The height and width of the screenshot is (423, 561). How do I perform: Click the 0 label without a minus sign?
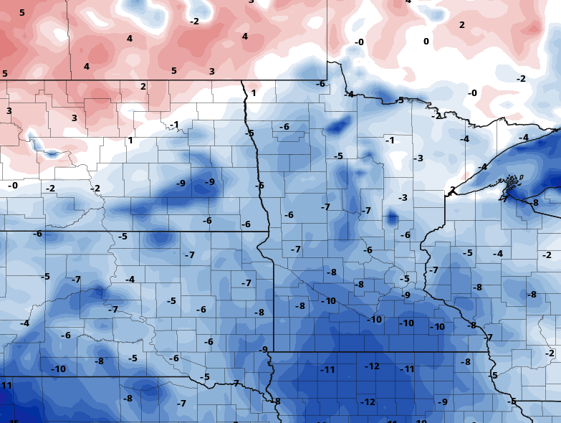pyautogui.click(x=426, y=42)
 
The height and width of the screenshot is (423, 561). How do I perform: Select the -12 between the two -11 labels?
pyautogui.click(x=372, y=366)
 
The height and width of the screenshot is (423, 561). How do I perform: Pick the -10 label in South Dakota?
pyautogui.click(x=59, y=369)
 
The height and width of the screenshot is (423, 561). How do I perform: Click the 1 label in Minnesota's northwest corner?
pyautogui.click(x=253, y=93)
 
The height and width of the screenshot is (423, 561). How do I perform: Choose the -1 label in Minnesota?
pyautogui.click(x=390, y=141)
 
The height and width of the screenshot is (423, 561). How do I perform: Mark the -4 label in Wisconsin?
pyautogui.click(x=498, y=254)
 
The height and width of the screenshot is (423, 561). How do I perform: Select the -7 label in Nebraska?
pyautogui.click(x=181, y=404)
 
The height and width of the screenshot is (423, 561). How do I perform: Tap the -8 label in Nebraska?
pyautogui.click(x=128, y=399)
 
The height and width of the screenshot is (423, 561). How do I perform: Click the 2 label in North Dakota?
pyautogui.click(x=143, y=87)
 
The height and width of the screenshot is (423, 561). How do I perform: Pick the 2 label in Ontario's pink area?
pyautogui.click(x=461, y=25)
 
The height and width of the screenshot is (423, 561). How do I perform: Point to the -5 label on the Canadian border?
pyautogui.click(x=400, y=100)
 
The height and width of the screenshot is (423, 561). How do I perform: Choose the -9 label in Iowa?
pyautogui.click(x=443, y=402)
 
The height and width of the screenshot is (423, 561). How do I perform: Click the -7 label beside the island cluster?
pyautogui.click(x=504, y=199)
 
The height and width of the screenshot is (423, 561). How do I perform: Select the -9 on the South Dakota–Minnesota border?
pyautogui.click(x=264, y=350)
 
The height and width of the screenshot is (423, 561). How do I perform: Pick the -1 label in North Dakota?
pyautogui.click(x=174, y=125)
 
